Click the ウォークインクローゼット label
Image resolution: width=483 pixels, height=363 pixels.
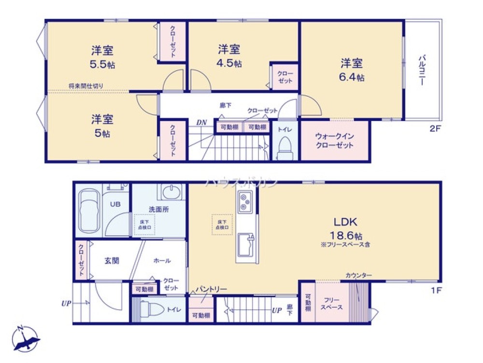coord(334,141)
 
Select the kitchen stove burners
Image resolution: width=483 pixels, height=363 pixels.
coord(244,202)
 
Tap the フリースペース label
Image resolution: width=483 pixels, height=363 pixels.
coord(333,303)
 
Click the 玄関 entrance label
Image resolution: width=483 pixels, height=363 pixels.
coord(112,260)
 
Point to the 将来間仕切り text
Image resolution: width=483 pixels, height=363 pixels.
coord(85,86)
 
